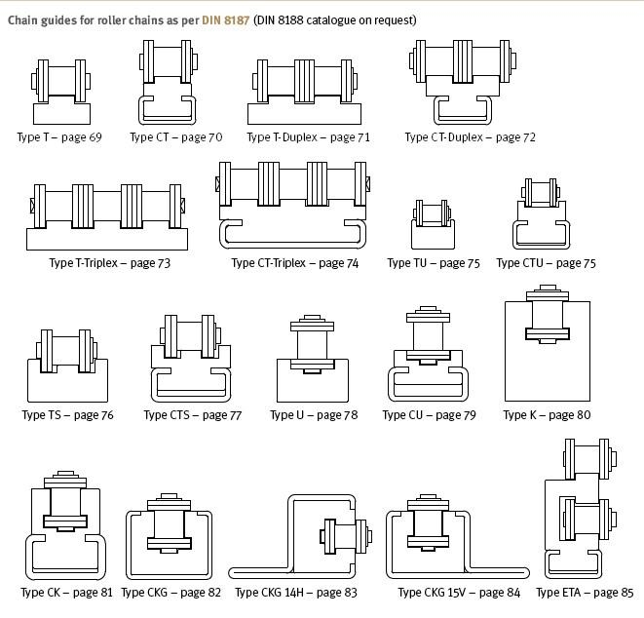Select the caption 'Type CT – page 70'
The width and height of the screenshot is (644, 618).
click(x=175, y=137)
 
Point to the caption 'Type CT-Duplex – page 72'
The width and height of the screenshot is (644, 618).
click(x=470, y=137)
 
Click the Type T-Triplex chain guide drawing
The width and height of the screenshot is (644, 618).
click(x=107, y=215)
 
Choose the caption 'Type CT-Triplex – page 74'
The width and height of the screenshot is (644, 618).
click(x=294, y=263)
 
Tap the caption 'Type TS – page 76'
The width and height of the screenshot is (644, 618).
click(x=67, y=415)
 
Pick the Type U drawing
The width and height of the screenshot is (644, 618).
click(x=311, y=360)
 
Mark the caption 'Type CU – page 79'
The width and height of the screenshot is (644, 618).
click(x=429, y=415)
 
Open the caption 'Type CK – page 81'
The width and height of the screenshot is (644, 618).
click(x=66, y=593)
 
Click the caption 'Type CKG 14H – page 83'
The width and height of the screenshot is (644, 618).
click(x=296, y=593)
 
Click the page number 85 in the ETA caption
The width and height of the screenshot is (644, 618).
click(x=625, y=593)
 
